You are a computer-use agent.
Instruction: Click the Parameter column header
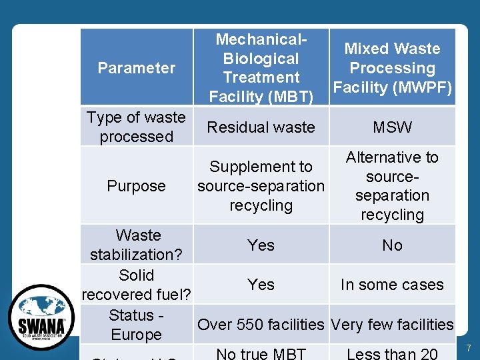(136, 68)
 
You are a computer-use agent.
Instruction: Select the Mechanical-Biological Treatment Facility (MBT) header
(261, 68)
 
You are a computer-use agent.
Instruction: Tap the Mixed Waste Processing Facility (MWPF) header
(392, 68)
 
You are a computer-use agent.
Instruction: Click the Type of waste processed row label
(136, 127)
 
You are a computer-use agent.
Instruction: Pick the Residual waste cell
(261, 127)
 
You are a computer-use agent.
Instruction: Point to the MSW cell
(392, 127)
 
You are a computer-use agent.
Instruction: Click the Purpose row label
(136, 186)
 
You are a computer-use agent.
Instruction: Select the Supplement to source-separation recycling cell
(261, 186)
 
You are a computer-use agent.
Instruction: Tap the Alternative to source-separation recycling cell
(392, 186)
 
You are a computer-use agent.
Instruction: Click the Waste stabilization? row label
(137, 245)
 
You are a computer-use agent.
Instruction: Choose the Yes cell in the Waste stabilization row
(261, 245)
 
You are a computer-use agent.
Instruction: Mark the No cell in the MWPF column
(392, 245)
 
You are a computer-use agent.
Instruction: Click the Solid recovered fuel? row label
(137, 285)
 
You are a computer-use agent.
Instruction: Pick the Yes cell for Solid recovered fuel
(261, 285)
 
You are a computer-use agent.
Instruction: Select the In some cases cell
(392, 285)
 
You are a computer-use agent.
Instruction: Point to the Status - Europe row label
(136, 325)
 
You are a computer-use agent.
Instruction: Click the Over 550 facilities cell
(261, 325)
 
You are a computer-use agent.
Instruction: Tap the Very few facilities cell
(392, 325)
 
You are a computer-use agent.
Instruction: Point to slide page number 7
(468, 349)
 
